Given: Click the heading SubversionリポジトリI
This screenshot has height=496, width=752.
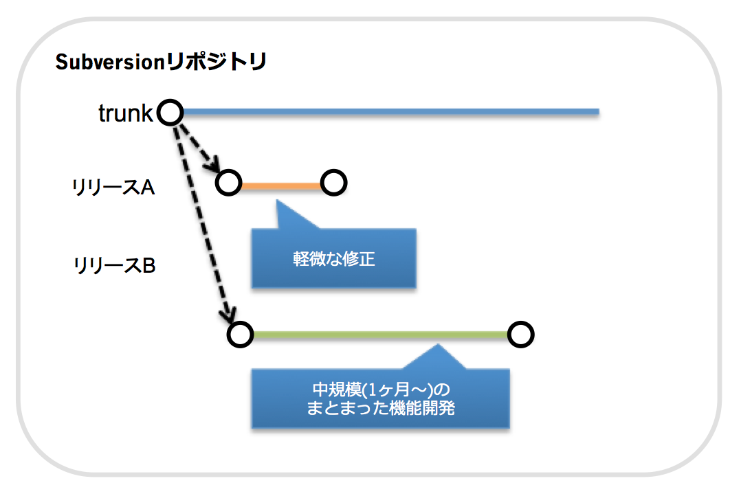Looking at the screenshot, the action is click(x=161, y=62).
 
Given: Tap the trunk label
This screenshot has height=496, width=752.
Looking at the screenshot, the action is click(x=125, y=113).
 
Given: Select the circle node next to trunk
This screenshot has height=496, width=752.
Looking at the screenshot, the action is click(x=170, y=113).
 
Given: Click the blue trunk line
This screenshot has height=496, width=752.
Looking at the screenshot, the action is click(x=391, y=112).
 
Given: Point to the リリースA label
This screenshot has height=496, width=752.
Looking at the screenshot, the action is click(x=113, y=187).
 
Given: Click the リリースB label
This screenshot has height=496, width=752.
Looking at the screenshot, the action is click(x=114, y=265).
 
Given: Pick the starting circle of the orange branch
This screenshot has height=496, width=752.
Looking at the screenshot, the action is click(x=228, y=183).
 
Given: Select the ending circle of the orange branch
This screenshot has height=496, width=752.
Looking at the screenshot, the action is click(x=334, y=183).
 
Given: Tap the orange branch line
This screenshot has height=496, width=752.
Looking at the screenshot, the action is click(x=281, y=185).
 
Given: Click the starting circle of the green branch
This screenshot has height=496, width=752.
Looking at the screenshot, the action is click(x=241, y=334).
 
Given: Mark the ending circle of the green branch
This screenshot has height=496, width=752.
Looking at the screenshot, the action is click(x=521, y=334).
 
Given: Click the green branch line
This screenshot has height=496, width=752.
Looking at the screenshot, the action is click(x=380, y=335).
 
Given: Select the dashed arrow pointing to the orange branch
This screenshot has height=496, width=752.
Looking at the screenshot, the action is click(x=199, y=147).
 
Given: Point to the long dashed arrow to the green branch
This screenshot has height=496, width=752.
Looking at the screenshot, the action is click(x=204, y=223).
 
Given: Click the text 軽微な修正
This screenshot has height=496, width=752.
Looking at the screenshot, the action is click(x=334, y=259).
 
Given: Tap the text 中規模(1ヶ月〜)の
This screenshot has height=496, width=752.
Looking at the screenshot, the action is click(x=381, y=390).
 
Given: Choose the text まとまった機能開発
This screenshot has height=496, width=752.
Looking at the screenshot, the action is click(x=381, y=408).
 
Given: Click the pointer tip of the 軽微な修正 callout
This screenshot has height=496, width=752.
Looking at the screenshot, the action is click(x=277, y=200).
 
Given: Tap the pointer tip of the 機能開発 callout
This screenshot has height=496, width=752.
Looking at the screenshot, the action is click(x=438, y=344).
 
